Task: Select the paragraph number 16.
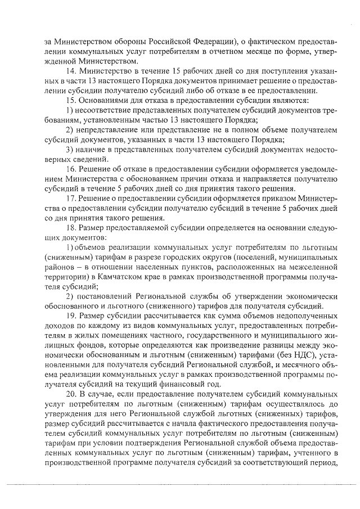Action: click(70, 169)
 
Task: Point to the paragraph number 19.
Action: click(70, 316)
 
